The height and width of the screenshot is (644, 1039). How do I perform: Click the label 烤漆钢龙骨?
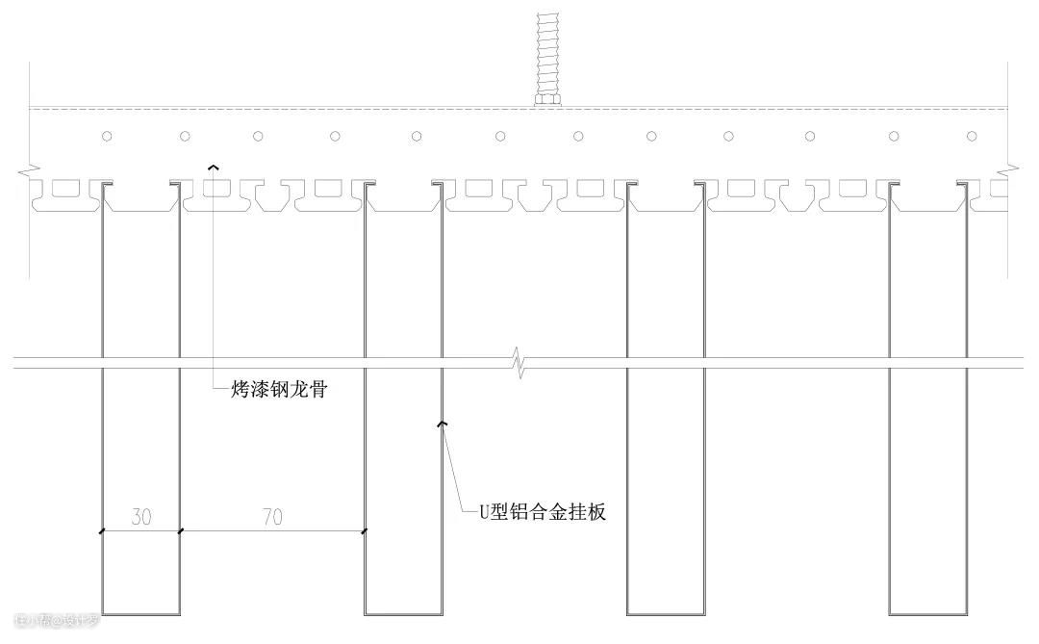point(273,390)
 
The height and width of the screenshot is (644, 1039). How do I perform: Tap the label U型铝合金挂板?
point(543,511)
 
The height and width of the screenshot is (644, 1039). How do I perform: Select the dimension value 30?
point(140,517)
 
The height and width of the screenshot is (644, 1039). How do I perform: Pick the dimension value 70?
point(271,517)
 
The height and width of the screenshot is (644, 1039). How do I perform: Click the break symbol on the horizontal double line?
point(518,364)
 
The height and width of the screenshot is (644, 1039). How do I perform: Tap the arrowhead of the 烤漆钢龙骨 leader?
point(213,167)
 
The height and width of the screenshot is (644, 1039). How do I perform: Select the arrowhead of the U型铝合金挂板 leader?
point(442,423)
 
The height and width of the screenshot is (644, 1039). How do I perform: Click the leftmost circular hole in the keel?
point(107,136)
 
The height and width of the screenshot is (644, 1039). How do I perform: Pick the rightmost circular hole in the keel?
point(972,136)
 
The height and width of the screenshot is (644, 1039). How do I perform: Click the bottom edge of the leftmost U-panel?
point(141,613)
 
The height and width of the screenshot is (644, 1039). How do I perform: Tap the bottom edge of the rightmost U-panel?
point(927,613)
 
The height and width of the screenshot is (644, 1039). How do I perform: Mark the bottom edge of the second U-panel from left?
point(403,613)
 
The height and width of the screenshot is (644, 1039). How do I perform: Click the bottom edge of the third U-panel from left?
point(666,613)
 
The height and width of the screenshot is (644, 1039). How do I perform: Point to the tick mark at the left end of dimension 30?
point(102,530)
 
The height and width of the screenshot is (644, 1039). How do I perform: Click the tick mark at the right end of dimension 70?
point(365,530)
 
